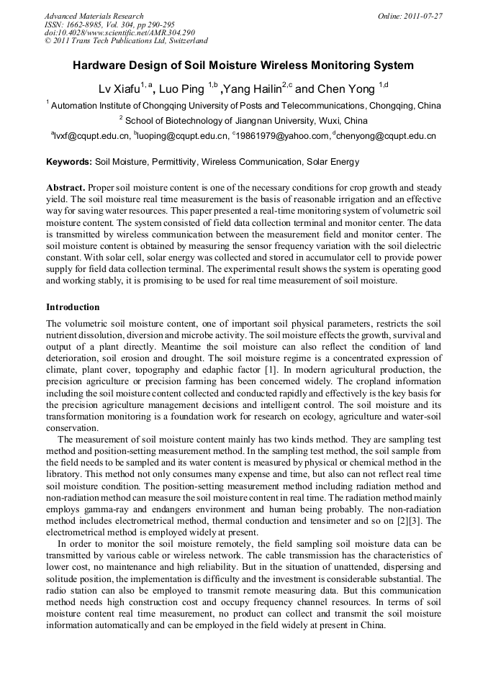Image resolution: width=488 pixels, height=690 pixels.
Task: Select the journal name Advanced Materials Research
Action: coord(94,16)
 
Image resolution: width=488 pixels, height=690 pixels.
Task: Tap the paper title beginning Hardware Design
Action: coord(243,65)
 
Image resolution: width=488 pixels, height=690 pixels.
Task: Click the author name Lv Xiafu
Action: coord(119,89)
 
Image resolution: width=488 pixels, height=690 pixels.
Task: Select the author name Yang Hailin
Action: coord(247,89)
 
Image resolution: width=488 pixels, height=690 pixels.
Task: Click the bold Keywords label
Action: coord(69,162)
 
